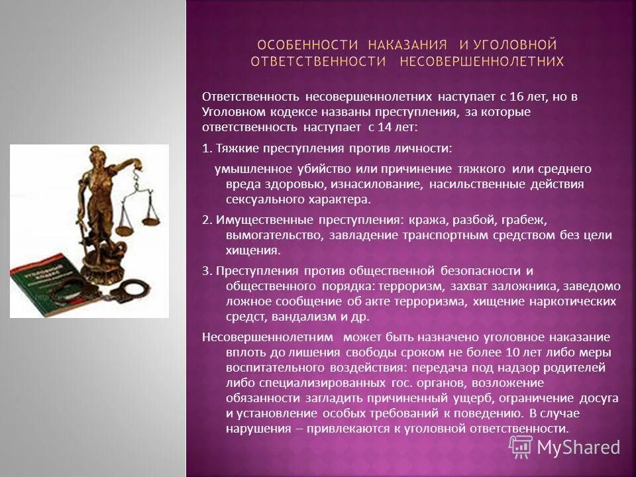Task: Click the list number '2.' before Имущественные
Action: (x=206, y=220)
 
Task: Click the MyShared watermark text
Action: (x=578, y=447)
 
